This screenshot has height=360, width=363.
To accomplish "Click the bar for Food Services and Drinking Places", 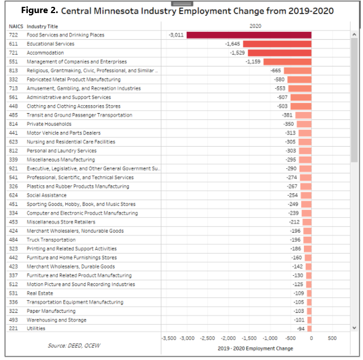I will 249,35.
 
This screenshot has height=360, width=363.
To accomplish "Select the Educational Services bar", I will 277,44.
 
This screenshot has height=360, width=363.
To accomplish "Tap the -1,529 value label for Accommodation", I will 237,53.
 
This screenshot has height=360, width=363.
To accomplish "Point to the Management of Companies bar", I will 287,61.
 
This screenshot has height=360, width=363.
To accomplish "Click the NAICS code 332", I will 12,80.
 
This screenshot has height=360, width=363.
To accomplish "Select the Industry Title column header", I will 43,27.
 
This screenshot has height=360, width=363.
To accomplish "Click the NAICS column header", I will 15,27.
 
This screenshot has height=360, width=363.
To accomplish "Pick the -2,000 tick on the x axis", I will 228,338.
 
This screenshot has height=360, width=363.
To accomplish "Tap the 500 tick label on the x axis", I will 332,338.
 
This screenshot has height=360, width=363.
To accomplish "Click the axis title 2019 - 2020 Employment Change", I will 256,348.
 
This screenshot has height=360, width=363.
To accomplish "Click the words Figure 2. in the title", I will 39,11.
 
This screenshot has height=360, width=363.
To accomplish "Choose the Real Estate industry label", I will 38,293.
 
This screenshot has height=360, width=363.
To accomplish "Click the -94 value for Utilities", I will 301,329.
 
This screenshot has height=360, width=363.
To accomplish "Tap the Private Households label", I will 49,124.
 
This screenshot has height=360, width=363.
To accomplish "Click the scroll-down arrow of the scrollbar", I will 355,328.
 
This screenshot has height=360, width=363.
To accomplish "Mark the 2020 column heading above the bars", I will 256,26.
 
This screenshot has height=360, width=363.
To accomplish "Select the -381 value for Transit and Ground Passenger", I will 287,115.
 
